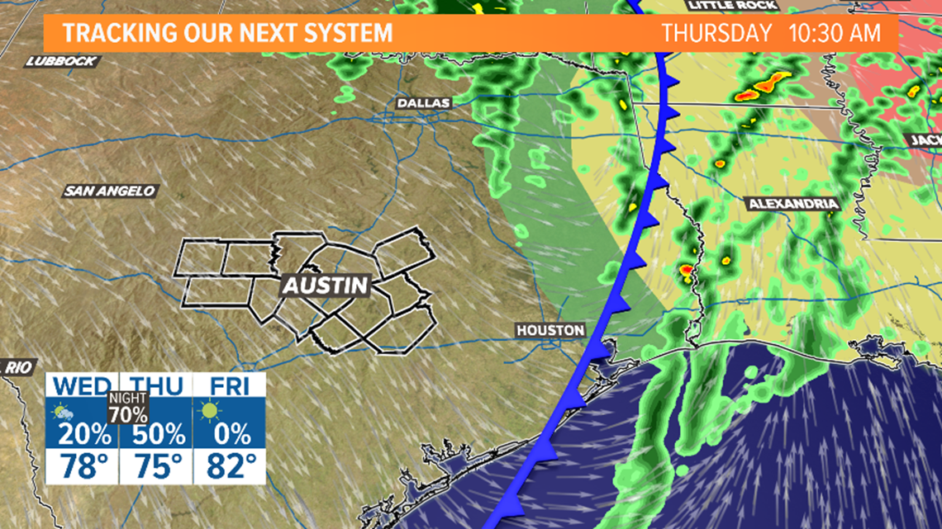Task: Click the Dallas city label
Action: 424,103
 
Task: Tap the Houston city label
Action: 550,330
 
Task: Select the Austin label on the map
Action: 325,286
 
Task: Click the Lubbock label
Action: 62,61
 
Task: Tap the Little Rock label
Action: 732,5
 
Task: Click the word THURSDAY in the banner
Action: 716,34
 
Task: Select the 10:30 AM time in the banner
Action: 836,34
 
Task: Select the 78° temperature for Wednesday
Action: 83,468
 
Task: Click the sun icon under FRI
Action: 209,410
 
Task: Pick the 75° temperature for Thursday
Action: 155,468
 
